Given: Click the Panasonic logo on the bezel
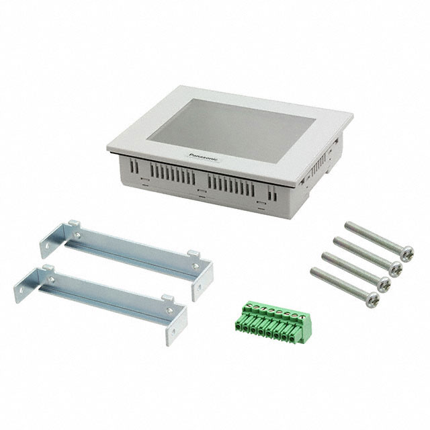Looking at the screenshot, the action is (x=204, y=157).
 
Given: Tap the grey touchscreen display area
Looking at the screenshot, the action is (x=233, y=129).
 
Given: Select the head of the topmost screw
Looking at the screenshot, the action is (x=406, y=254).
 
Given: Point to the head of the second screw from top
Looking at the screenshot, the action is (x=395, y=269).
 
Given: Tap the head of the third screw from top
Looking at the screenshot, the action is (x=384, y=284).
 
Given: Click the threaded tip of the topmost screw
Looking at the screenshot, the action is (x=349, y=225).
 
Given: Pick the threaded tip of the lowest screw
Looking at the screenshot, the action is (x=314, y=271).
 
